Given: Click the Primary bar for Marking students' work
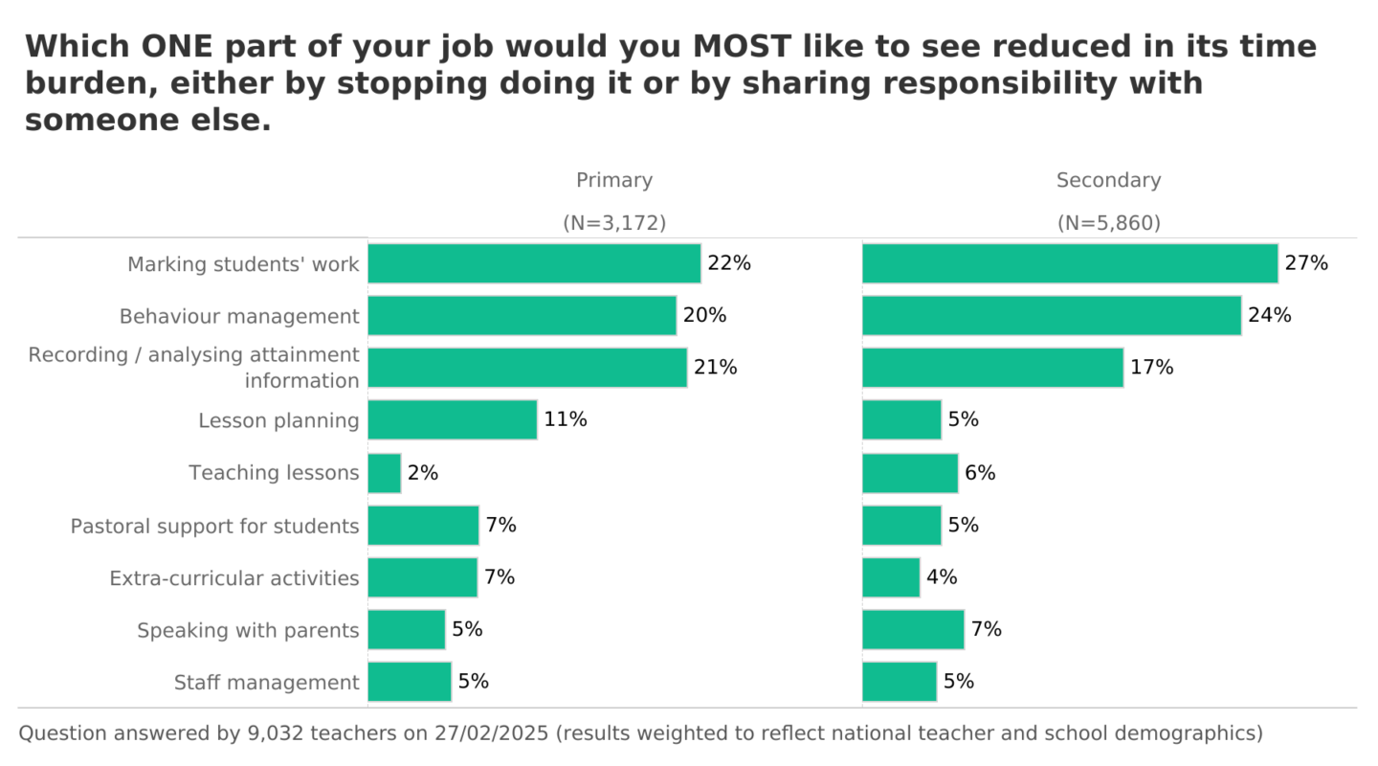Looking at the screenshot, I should tap(534, 263).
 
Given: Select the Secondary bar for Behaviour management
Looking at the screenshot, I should tap(1051, 315).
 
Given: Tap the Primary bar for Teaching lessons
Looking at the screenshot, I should tap(384, 473).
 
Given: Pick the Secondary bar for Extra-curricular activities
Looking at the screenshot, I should tap(891, 577).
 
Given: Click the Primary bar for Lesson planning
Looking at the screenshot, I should tap(452, 419).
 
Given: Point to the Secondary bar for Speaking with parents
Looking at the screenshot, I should tap(913, 629).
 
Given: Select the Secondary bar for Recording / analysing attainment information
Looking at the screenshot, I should tap(992, 368).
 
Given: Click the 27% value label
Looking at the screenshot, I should tap(1306, 263).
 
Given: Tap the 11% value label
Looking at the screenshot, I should tap(565, 419).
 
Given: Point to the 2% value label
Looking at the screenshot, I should tap(423, 473).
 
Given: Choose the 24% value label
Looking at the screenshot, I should tap(1269, 315).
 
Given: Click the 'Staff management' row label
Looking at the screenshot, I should tap(266, 683).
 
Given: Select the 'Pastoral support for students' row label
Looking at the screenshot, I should tap(214, 526).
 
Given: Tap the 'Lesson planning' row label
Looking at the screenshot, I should tap(278, 420).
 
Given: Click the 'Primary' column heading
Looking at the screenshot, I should tap(613, 180).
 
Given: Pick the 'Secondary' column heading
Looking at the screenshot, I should tap(1108, 180).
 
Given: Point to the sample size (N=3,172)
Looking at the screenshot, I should tap(613, 223).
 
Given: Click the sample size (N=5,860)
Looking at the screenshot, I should tap(1108, 223).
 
